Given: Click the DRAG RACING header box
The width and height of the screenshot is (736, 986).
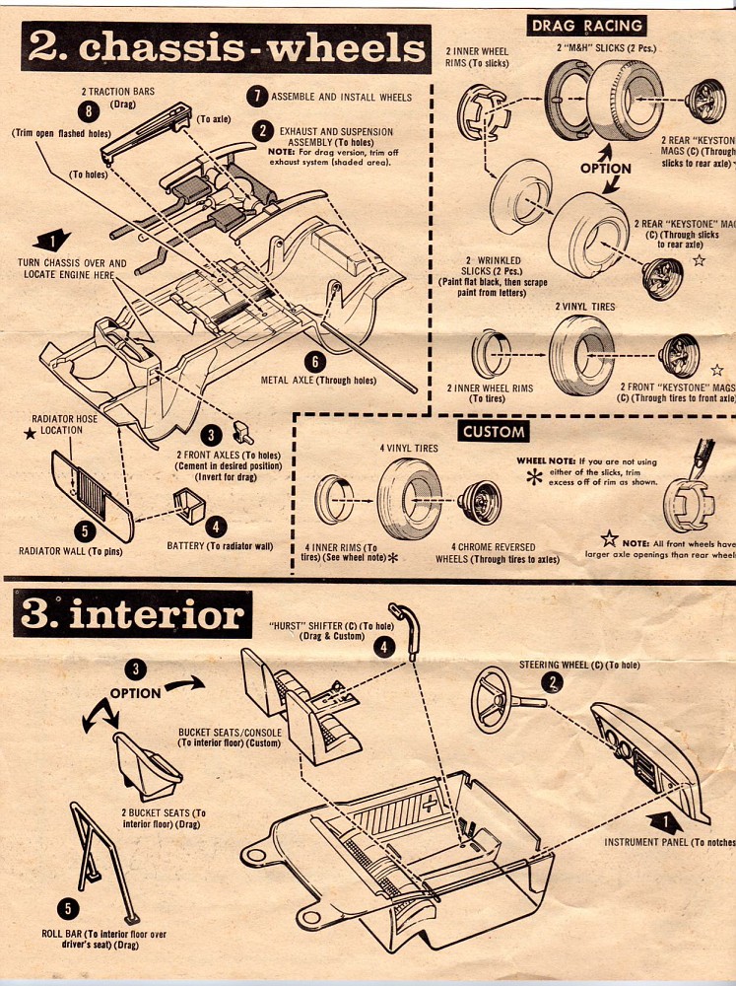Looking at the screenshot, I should pyautogui.click(x=585, y=26).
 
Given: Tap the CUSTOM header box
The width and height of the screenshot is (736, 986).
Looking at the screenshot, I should pyautogui.click(x=494, y=431).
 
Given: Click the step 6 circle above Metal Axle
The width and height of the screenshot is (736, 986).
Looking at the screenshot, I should pyautogui.click(x=314, y=362).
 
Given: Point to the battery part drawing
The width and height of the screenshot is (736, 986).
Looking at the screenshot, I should pyautogui.click(x=192, y=504).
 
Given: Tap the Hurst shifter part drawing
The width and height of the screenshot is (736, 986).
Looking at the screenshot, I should pyautogui.click(x=404, y=619).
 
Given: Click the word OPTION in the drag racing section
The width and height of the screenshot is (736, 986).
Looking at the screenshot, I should pyautogui.click(x=605, y=169).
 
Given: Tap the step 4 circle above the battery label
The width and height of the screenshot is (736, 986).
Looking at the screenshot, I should pyautogui.click(x=216, y=528).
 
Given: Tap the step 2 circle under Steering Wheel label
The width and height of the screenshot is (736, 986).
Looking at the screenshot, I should pyautogui.click(x=554, y=682).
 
